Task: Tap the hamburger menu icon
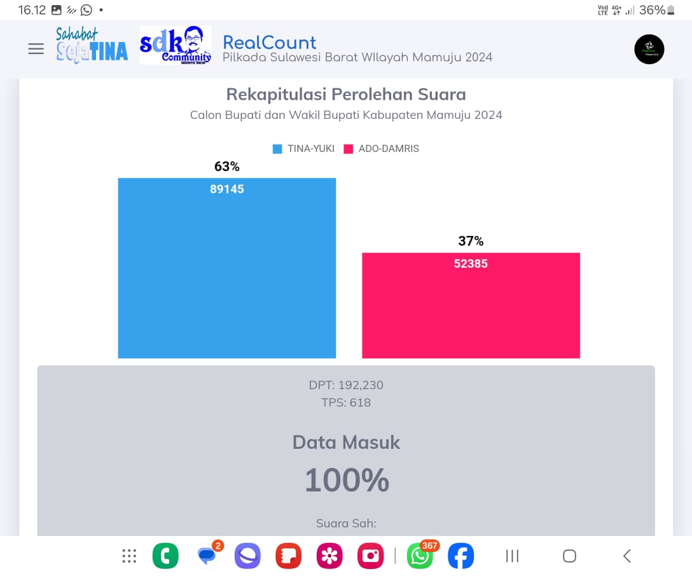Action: [36, 49]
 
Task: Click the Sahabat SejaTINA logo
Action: [92, 45]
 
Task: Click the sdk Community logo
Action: [176, 45]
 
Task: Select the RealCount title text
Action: [269, 43]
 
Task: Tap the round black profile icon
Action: [649, 49]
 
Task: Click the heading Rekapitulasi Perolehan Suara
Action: [346, 95]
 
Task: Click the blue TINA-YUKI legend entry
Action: [303, 149]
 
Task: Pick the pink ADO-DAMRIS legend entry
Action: [381, 149]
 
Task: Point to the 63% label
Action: [227, 167]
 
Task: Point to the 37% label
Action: [471, 241]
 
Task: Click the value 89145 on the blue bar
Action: [227, 189]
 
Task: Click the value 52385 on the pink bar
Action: [471, 263]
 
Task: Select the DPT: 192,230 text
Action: [346, 385]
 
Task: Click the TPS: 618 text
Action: [346, 402]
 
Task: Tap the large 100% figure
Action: [346, 480]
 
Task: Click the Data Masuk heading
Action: [346, 442]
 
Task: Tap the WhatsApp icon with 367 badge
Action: [420, 556]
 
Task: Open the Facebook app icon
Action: [460, 556]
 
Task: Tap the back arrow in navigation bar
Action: [627, 556]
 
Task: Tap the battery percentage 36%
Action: [652, 10]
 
